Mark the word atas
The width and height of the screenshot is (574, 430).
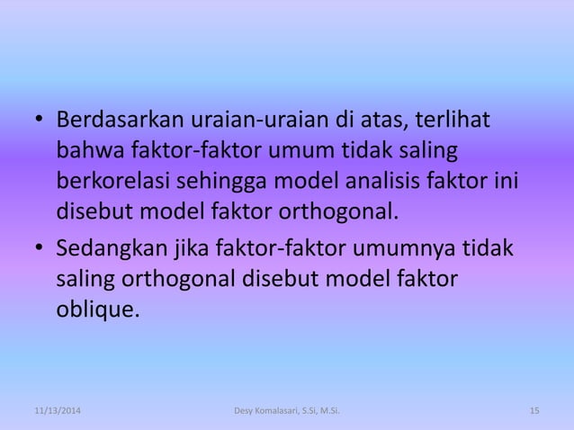[376, 120]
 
